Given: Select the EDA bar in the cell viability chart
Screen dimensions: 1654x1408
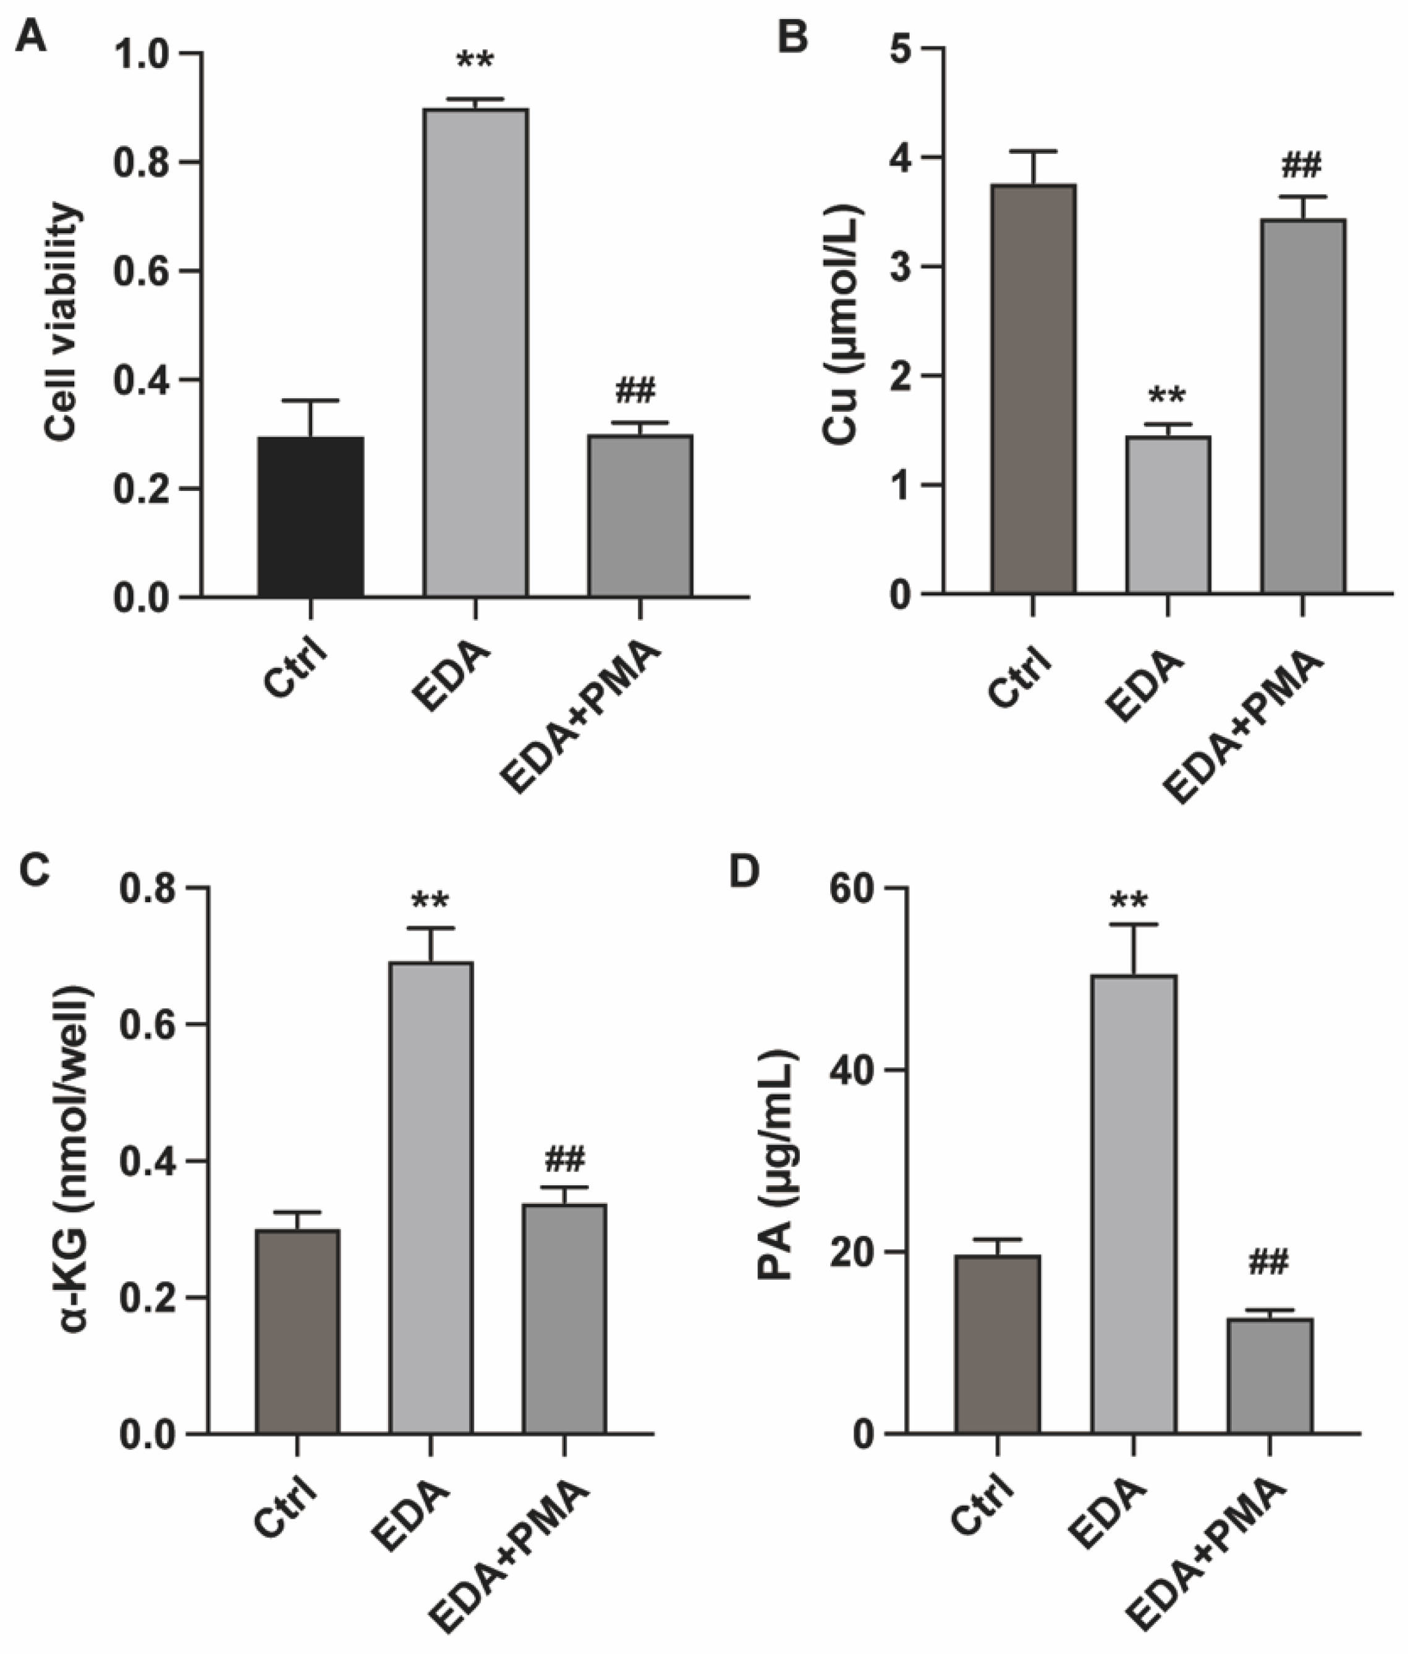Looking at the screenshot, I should click(x=476, y=353).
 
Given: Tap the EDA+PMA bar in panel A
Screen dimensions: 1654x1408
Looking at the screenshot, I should click(x=640, y=516).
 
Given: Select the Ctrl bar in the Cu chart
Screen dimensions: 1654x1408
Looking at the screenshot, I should click(x=1033, y=389).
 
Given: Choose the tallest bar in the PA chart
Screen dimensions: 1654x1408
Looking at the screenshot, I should click(x=1134, y=1204).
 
